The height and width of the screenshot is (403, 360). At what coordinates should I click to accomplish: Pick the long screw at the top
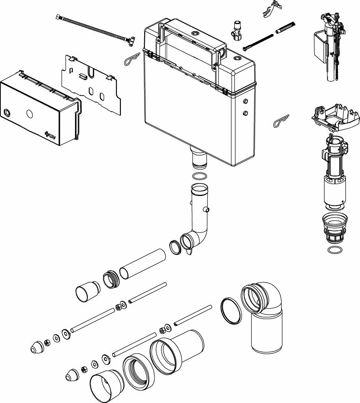[x=258, y=42]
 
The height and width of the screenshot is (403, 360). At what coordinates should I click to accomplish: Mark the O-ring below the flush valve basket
[x=334, y=250]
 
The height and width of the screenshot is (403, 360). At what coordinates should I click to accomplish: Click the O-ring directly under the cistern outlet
[x=199, y=177]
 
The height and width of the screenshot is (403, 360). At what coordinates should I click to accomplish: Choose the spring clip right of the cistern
[x=281, y=121]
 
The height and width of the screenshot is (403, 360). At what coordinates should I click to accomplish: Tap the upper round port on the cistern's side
[x=245, y=101]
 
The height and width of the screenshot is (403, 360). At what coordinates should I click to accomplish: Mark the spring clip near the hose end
[x=133, y=59]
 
